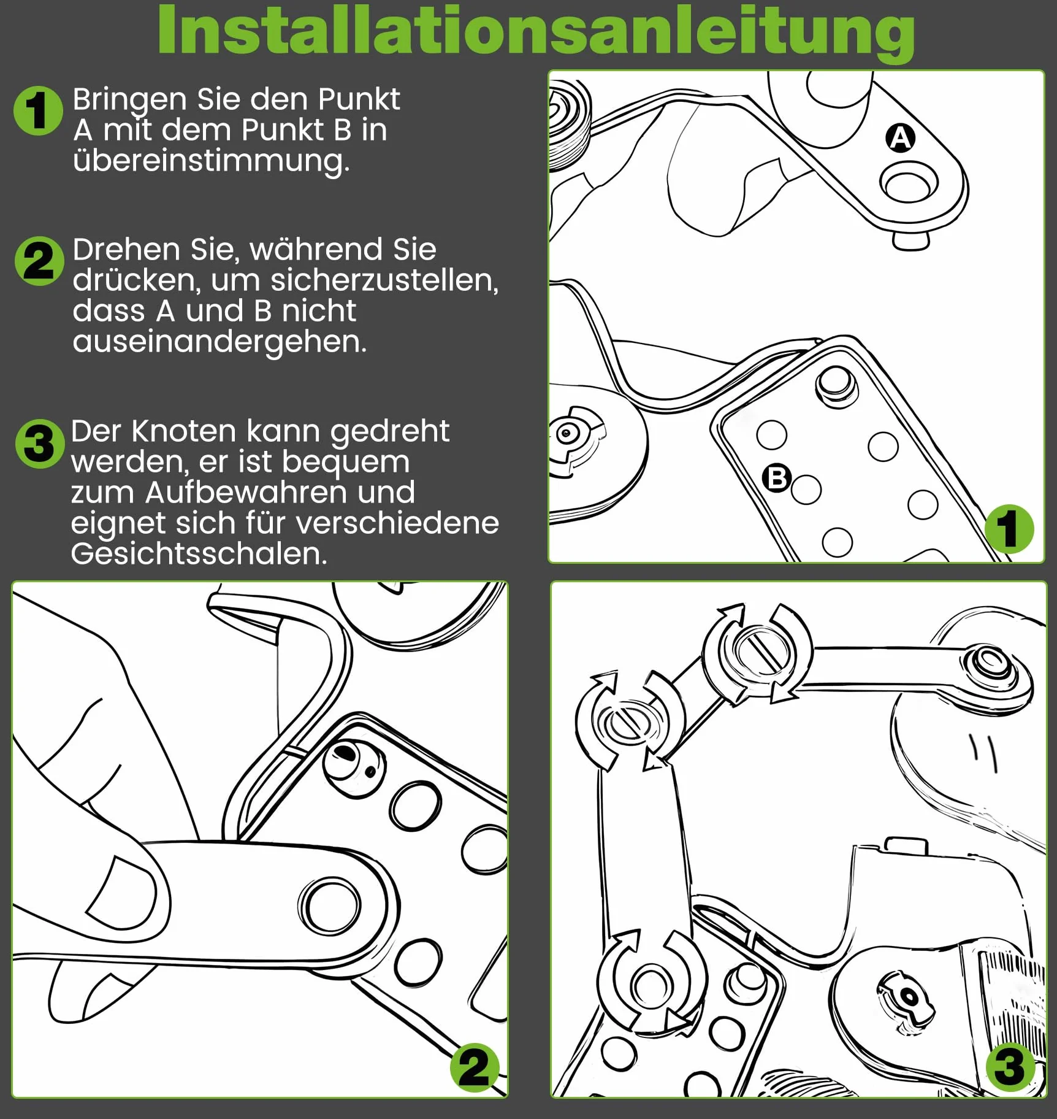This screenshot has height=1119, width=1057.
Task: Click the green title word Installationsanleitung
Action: tap(536, 31)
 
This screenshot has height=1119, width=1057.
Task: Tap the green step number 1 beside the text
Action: tap(38, 110)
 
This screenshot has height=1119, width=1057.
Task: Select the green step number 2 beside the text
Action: tap(39, 261)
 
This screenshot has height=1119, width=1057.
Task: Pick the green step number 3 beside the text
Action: tap(40, 444)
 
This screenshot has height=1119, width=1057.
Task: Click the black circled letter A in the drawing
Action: tap(900, 137)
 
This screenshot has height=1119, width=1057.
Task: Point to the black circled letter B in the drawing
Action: tap(777, 478)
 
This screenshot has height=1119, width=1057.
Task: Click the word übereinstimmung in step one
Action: tap(211, 161)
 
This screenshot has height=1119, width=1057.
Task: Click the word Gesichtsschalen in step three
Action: tap(199, 553)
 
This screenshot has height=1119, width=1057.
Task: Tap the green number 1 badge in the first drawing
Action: tap(1009, 529)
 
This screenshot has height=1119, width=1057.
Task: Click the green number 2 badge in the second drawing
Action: tap(475, 1067)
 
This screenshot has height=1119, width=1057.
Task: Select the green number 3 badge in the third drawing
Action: tap(1010, 1066)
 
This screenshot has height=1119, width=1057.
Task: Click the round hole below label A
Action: tap(908, 182)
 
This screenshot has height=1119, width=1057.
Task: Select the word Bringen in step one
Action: tap(129, 100)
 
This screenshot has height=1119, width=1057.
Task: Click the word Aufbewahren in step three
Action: tap(280, 493)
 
